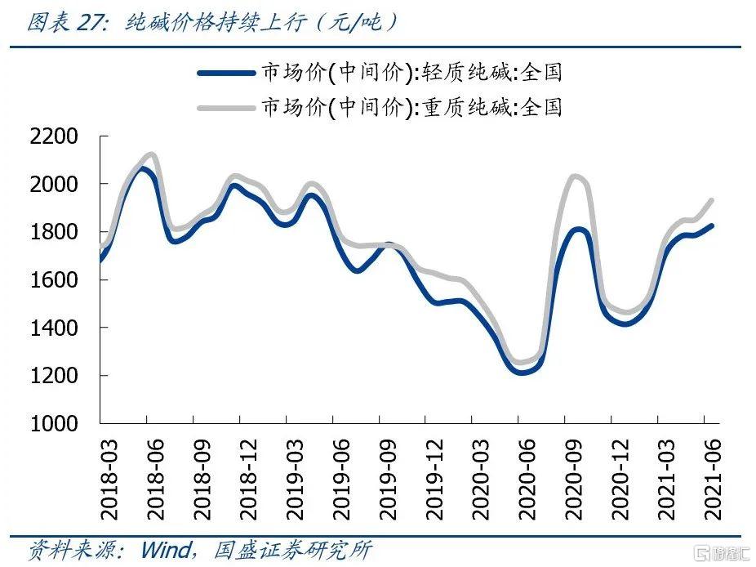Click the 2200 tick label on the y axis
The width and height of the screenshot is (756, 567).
tap(54, 136)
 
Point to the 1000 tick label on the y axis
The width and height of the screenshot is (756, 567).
tap(54, 424)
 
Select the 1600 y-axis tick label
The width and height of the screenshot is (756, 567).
tap(54, 280)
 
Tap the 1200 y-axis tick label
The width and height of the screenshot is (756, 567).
tap(54, 376)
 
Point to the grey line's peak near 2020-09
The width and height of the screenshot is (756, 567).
tap(575, 176)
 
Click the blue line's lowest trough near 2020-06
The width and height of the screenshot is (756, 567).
tap(523, 373)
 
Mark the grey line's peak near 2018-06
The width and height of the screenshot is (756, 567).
tap(149, 154)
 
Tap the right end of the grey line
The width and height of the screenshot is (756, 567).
tap(711, 200)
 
